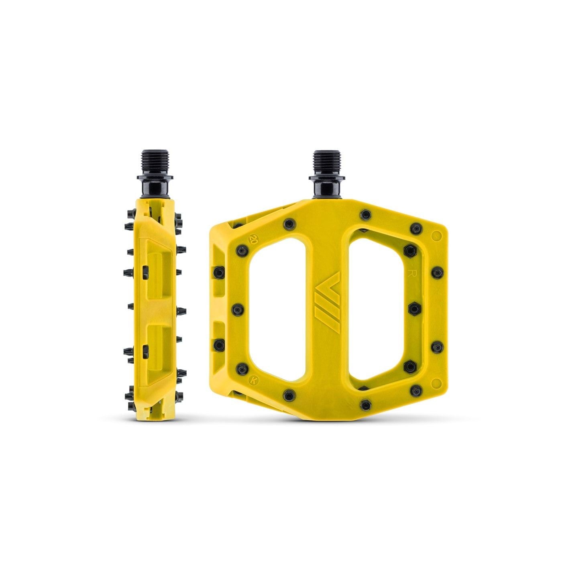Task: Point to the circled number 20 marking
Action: (x=253, y=240)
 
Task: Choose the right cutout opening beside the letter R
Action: (x=377, y=309)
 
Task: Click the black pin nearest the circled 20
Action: (x=242, y=248)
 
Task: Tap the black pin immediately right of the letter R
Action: (x=436, y=273)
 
